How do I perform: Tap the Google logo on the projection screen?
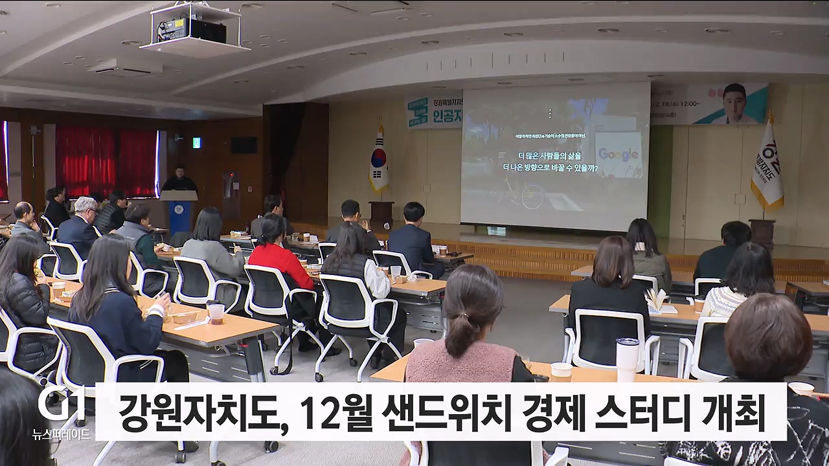point(618,154)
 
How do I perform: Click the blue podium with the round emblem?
point(179,214)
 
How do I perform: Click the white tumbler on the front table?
point(626,359)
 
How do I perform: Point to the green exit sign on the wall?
point(196,142)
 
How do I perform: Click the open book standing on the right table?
point(657,300)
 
